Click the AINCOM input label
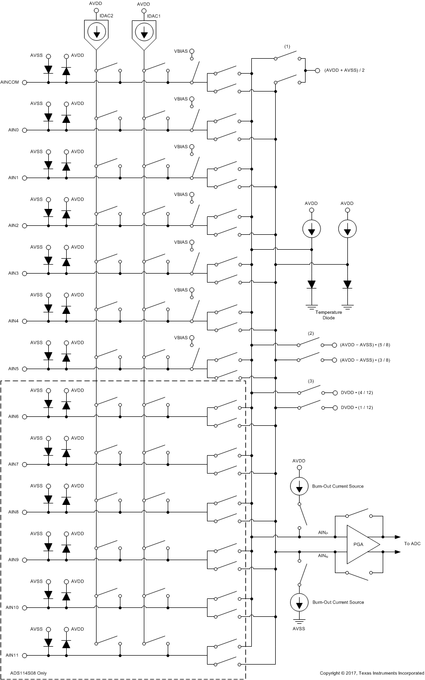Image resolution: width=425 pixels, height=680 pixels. pos(10,82)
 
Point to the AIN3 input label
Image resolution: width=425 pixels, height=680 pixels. pos(13,273)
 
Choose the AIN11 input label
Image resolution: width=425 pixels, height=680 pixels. pos(12,655)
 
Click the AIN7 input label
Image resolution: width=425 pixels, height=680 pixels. pos(13,464)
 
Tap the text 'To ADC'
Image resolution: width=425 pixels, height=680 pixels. pos(412,544)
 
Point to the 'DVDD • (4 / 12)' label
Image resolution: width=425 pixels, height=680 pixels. pos(356,392)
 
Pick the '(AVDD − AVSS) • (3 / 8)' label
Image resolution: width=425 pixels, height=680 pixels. pos(368,360)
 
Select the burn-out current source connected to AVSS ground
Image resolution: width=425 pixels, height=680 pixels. pos(299,603)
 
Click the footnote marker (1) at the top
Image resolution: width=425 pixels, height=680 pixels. pos(287,46)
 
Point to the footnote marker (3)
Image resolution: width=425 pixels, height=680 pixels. pos(311,381)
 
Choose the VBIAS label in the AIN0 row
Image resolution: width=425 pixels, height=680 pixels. pos(181,98)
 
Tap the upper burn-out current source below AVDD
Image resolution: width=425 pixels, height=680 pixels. pos(299,486)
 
